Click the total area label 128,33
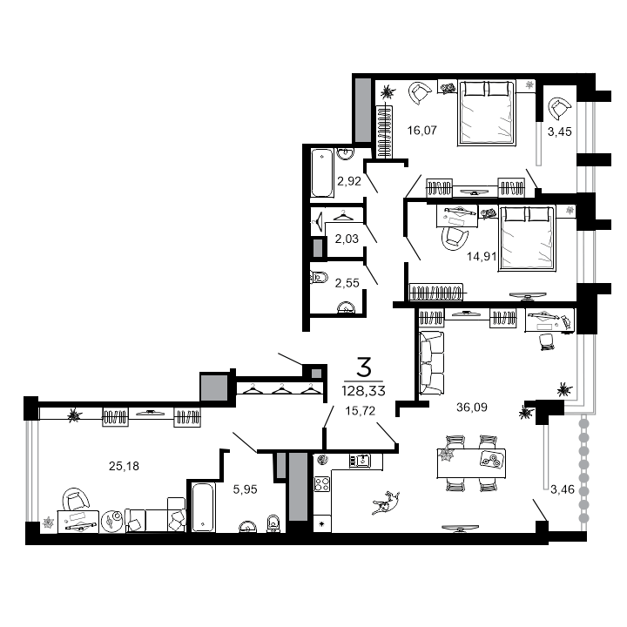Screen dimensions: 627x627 click(363, 391)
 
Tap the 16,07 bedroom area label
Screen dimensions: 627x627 click(421, 131)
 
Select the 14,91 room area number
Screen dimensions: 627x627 click(482, 256)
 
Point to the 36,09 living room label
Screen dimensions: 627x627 click(472, 407)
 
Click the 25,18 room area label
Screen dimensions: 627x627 click(124, 466)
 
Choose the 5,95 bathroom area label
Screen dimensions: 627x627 click(245, 489)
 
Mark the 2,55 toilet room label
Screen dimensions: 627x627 click(347, 283)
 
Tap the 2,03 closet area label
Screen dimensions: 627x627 click(347, 239)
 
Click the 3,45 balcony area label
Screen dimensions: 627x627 click(559, 131)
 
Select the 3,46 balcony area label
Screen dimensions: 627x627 click(563, 489)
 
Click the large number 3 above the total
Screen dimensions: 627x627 click(364, 367)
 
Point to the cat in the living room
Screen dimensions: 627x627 click(386, 502)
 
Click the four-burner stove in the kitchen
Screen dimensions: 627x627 click(322, 484)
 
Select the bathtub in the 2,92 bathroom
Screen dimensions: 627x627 click(322, 172)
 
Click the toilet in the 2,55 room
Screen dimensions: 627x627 click(319, 277)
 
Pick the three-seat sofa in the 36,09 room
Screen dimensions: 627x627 click(431, 363)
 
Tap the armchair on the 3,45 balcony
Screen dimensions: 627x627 click(559, 108)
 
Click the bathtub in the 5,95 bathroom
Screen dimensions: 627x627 click(204, 507)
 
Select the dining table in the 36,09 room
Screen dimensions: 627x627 click(471, 463)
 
